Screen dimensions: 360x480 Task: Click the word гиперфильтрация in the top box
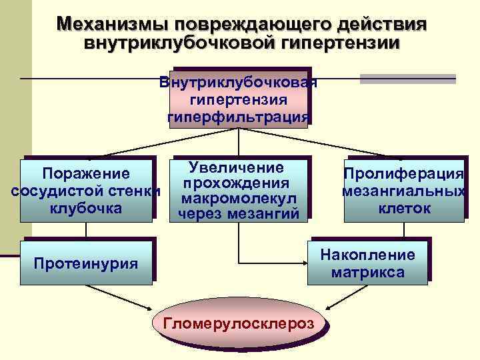(x=239, y=117)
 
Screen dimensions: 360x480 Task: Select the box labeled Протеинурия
(x=86, y=263)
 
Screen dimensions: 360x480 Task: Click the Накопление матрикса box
(x=368, y=263)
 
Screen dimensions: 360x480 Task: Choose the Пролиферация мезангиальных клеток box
(x=403, y=191)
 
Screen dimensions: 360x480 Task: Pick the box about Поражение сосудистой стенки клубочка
(x=86, y=191)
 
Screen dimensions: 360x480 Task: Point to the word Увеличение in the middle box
(x=237, y=167)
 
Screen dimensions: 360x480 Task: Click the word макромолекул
(x=239, y=199)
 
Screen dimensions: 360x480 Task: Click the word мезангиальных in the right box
(x=403, y=191)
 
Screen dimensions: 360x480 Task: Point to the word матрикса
(x=368, y=272)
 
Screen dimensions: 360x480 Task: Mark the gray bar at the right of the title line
(x=407, y=79)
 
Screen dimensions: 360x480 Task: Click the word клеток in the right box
(x=404, y=208)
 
